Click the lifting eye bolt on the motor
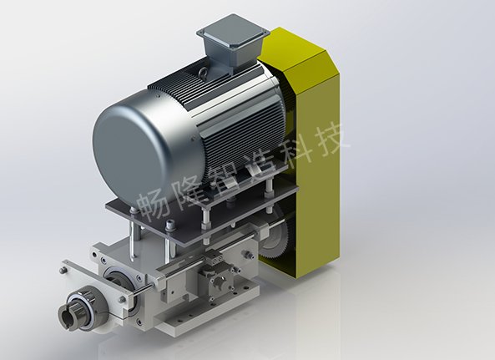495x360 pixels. click(204, 72)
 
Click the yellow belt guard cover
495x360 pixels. click(308, 151)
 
